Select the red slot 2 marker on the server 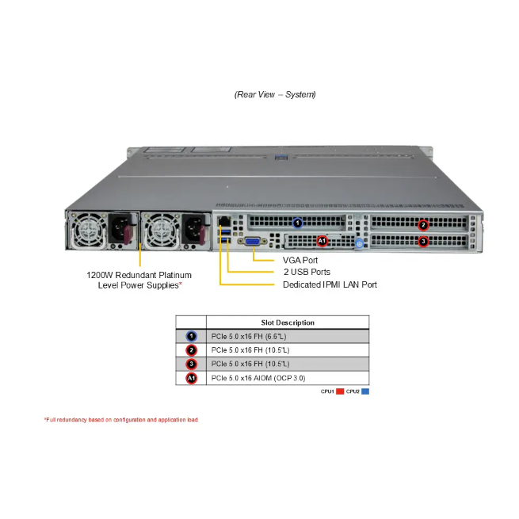click(x=423, y=224)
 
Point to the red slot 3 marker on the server click(x=423, y=241)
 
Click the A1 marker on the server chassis click(x=322, y=240)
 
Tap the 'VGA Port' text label click(x=301, y=259)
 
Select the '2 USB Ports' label click(x=307, y=272)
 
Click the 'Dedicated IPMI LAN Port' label click(x=330, y=284)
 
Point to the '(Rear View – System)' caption click(x=275, y=94)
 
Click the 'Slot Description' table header click(x=288, y=322)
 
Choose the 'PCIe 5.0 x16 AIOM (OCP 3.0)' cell click(x=258, y=378)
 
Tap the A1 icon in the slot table click(x=191, y=378)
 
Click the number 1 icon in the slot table click(x=191, y=336)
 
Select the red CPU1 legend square click(x=339, y=391)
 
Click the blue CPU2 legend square click(x=365, y=391)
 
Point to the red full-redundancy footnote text click(x=121, y=419)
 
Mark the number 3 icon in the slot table click(x=191, y=364)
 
